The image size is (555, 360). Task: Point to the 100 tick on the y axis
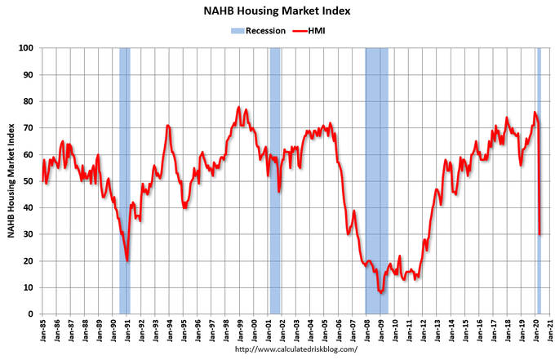point(29,48)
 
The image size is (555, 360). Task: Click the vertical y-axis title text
point(11,181)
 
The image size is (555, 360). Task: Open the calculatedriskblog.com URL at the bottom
point(296,349)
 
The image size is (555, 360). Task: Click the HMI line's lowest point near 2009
point(380,292)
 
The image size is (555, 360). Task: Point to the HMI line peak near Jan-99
point(239,107)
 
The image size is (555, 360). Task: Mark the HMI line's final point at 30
point(540,234)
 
